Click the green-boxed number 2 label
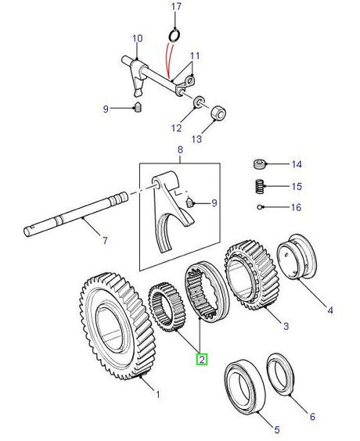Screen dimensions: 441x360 202,359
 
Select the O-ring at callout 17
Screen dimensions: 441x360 175,34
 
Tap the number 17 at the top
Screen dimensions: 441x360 175,7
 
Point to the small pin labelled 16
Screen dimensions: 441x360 259,207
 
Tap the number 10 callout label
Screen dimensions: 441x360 138,38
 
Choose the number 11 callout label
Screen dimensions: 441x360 196,56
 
